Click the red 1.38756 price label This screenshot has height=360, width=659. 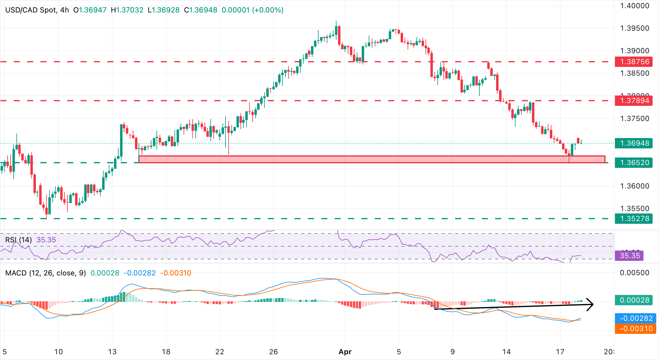[634, 62]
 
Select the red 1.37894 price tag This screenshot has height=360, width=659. [634, 101]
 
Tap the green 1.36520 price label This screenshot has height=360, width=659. [634, 163]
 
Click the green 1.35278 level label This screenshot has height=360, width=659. [634, 219]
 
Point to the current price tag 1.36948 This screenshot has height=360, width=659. [634, 143]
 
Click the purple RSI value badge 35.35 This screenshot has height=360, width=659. [629, 256]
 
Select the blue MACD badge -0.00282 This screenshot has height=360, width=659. [635, 318]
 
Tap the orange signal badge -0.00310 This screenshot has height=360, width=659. [635, 329]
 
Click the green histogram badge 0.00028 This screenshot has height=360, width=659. [634, 300]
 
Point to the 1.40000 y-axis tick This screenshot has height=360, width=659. [634, 6]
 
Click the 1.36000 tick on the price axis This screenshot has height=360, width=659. [634, 186]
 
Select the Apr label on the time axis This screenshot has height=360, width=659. [345, 352]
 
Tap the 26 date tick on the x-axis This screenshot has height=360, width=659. [273, 352]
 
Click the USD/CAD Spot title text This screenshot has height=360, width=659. [30, 10]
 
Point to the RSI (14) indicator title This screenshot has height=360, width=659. [19, 240]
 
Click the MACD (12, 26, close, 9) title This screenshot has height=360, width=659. [46, 273]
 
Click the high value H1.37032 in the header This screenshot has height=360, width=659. [127, 10]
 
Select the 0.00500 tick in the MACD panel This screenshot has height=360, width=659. [634, 273]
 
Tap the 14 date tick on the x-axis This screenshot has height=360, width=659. [506, 352]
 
